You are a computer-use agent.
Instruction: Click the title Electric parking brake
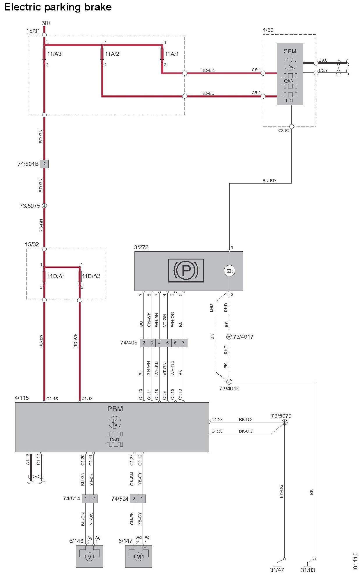[x=58, y=7]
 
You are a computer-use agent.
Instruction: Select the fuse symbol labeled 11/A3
[x=44, y=54]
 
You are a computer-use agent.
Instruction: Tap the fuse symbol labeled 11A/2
[x=102, y=54]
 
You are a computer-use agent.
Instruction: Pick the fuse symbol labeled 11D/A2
[x=80, y=276]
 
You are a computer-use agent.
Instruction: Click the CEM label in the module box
[x=290, y=51]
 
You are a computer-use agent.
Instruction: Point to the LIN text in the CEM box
[x=289, y=100]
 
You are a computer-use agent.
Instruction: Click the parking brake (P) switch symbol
[x=186, y=270]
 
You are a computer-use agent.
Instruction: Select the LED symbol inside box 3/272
[x=229, y=271]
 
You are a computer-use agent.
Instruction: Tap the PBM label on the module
[x=115, y=409]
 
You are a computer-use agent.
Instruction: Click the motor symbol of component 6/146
[x=89, y=557]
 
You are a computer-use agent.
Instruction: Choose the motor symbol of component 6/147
[x=139, y=557]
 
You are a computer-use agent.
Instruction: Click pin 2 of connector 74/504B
[x=44, y=164]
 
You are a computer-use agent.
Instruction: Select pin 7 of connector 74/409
[x=183, y=343]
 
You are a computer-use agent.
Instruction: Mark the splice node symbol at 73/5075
[x=44, y=206]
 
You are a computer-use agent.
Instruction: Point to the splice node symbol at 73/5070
[x=285, y=422]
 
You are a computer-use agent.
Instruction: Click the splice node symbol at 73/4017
[x=229, y=337]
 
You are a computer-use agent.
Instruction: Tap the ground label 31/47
[x=277, y=570]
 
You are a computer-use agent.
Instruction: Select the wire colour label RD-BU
[x=208, y=93]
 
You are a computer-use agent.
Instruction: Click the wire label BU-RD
[x=269, y=181]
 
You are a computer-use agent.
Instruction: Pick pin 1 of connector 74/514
[x=86, y=498]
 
